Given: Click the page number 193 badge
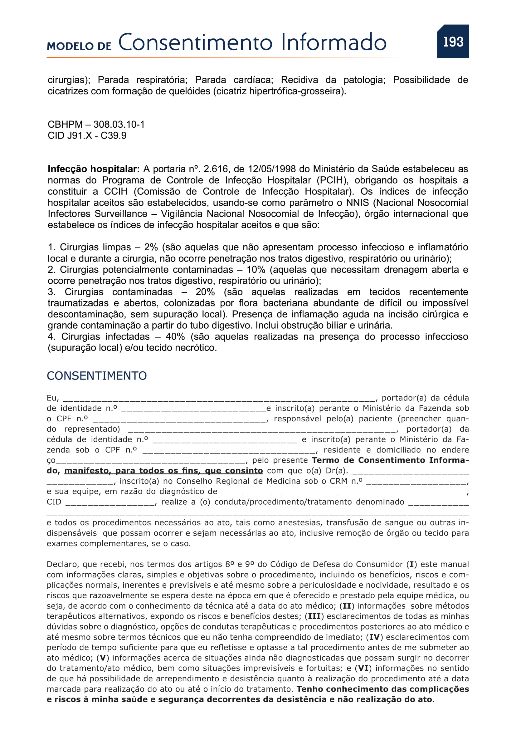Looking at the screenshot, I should pyautogui.click(x=453, y=42).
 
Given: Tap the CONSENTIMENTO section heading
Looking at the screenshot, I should pyautogui.click(x=97, y=376).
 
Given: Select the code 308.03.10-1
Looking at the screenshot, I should pyautogui.click(x=119, y=124).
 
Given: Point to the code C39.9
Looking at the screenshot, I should pyautogui.click(x=114, y=136).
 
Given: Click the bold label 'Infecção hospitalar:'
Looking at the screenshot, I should pyautogui.click(x=93, y=169).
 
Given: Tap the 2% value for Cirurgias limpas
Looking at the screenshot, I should pyautogui.click(x=151, y=247).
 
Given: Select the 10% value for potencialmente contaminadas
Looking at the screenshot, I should pyautogui.click(x=256, y=270).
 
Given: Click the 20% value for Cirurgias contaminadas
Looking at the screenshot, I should pyautogui.click(x=205, y=292).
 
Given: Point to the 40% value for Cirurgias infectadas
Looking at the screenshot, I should pyautogui.click(x=175, y=336).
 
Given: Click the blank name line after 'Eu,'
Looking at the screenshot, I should pyautogui.click(x=219, y=399).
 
